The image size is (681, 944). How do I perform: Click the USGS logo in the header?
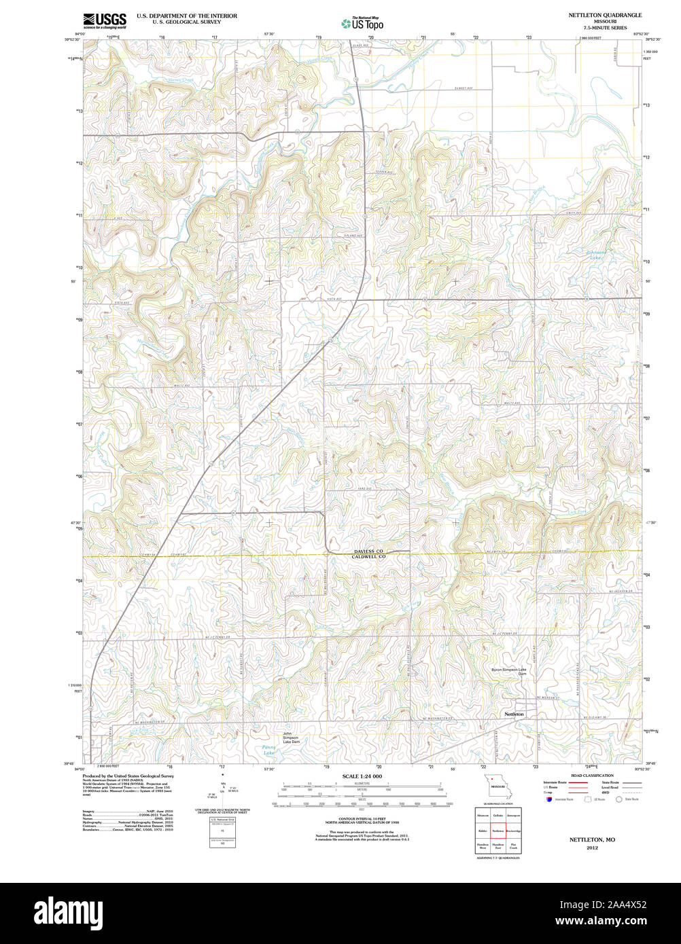point(104,20)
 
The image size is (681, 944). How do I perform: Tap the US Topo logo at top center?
point(363,24)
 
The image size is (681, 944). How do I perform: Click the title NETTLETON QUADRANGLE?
point(605,14)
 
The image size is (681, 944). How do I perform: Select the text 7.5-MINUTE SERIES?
point(605,28)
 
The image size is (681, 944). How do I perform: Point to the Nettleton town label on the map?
point(514,714)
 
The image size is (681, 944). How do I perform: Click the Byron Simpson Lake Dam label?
point(509,672)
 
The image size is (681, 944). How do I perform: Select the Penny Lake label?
point(269,750)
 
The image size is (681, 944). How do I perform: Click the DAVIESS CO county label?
point(368,551)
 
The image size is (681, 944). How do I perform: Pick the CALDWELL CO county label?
point(368,557)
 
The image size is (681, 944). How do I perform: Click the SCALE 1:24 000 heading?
point(362,776)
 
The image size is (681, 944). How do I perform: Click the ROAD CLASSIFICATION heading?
point(592,776)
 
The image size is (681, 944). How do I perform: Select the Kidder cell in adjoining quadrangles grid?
point(483,830)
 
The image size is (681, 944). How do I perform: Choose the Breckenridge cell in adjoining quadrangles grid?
point(513,830)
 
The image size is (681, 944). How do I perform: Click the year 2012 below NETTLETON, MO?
point(592,848)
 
